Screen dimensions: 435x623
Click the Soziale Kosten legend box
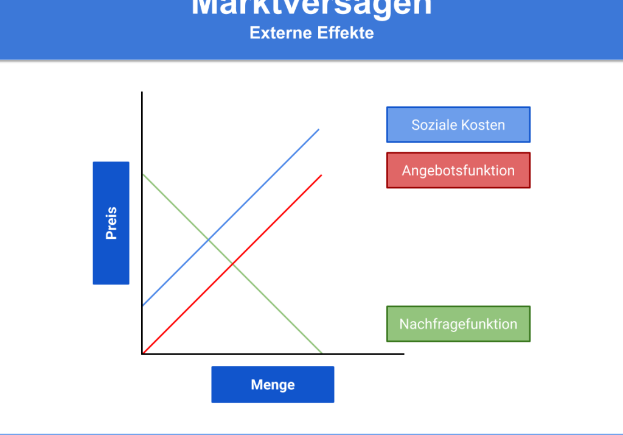click(x=458, y=125)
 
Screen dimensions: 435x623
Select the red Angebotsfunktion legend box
click(x=458, y=171)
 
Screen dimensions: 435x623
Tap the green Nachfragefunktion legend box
click(x=458, y=324)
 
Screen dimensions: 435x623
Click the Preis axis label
click(x=111, y=223)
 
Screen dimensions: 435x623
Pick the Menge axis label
click(x=273, y=384)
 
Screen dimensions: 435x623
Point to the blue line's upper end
click(x=319, y=129)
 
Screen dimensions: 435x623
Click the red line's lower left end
click(x=144, y=352)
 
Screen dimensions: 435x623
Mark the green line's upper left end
click(x=144, y=175)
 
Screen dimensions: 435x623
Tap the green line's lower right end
click(x=321, y=352)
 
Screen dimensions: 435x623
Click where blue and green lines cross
click(x=209, y=239)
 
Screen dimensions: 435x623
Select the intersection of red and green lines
click(x=232, y=263)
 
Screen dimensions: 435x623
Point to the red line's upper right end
click(x=321, y=175)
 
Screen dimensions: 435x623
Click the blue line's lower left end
click(x=144, y=305)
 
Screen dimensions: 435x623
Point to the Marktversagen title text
click(x=311, y=7)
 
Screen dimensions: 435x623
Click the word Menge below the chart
click(x=273, y=384)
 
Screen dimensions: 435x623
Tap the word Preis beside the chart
click(x=111, y=223)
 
